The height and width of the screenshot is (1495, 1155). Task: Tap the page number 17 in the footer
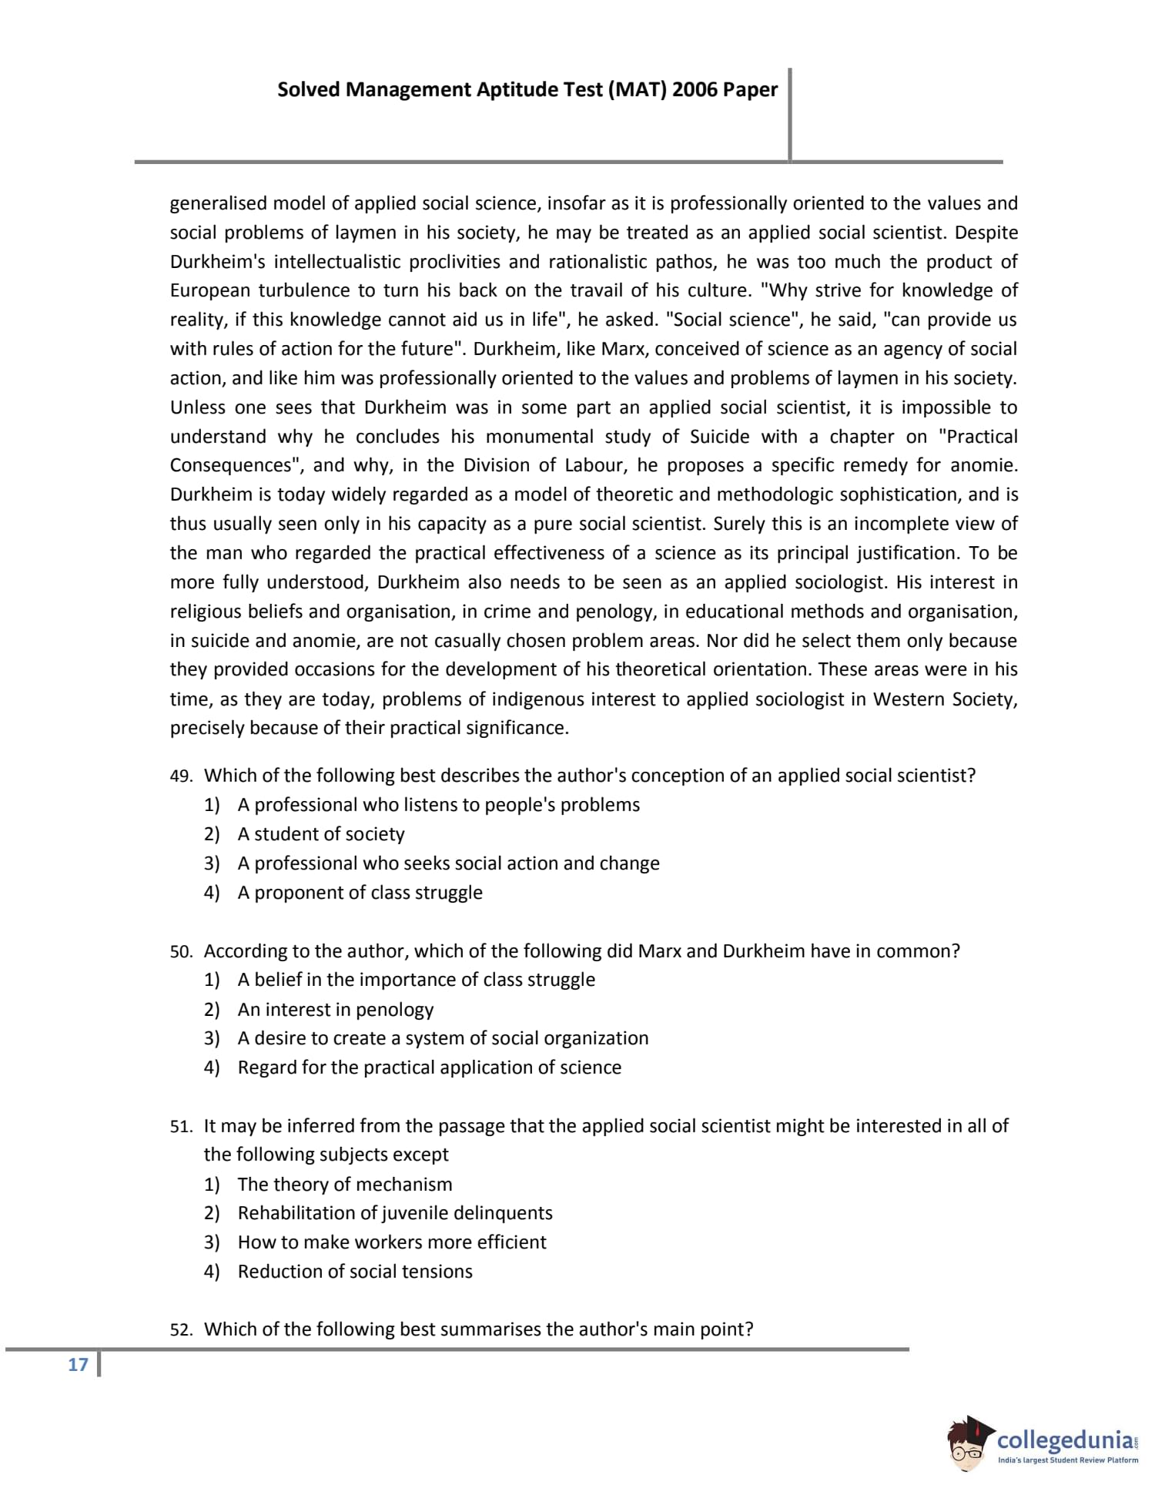[x=78, y=1365]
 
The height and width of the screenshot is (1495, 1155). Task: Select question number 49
[x=181, y=776]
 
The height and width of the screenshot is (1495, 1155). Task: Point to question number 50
[x=181, y=952]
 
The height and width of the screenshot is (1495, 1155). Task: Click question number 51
[x=181, y=1127]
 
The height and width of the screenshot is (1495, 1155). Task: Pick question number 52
[x=181, y=1330]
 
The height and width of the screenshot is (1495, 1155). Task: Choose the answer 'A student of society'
[x=321, y=834]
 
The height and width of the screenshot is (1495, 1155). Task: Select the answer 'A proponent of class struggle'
[x=360, y=893]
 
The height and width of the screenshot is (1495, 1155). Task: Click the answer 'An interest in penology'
[x=336, y=1010]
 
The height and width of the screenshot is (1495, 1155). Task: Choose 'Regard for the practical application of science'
[x=430, y=1068]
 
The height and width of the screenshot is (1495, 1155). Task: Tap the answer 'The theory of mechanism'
[x=345, y=1185]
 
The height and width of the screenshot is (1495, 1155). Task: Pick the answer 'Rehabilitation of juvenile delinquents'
[x=395, y=1213]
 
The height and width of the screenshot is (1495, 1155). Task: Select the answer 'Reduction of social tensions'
[x=355, y=1272]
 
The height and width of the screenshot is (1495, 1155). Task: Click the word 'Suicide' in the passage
[x=719, y=437]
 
